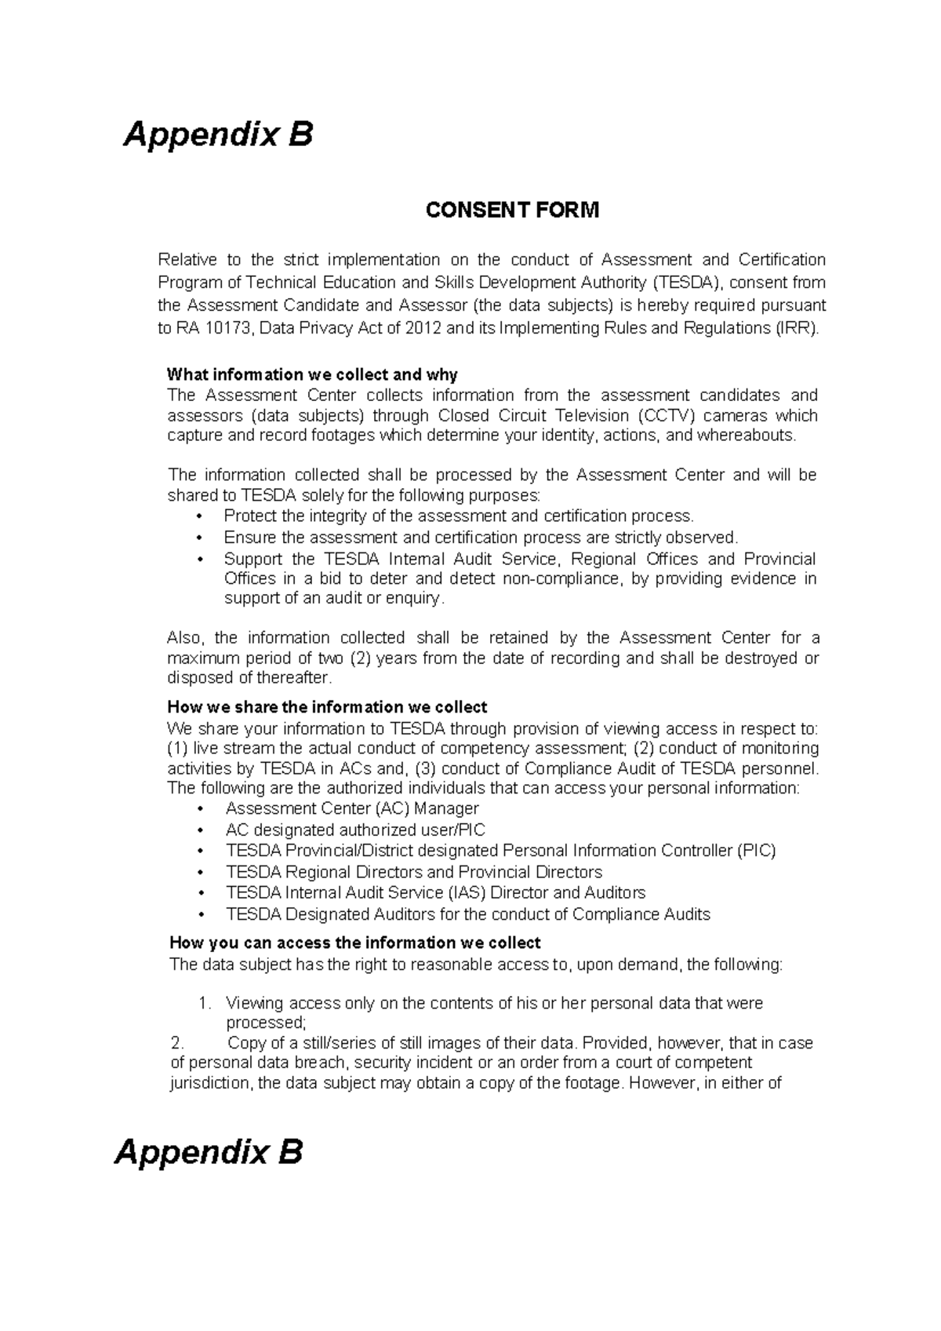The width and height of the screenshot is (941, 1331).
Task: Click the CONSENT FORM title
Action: (511, 210)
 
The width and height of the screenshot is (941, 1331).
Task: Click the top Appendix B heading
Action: (219, 135)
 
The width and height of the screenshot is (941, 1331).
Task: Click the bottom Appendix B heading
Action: (209, 1153)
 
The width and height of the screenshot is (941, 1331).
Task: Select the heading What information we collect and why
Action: (313, 374)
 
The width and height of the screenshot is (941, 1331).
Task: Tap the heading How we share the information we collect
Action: (328, 707)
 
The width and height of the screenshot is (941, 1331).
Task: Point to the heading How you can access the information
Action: (354, 943)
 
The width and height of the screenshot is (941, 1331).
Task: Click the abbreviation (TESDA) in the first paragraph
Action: (680, 283)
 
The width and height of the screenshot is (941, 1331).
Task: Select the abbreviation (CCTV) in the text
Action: (666, 416)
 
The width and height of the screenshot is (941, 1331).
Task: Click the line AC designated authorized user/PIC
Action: (355, 830)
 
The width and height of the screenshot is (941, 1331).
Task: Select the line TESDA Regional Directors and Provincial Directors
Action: (413, 873)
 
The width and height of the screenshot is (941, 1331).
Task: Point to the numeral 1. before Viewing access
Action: (204, 1004)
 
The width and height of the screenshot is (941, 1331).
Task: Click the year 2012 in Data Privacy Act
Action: (423, 329)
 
